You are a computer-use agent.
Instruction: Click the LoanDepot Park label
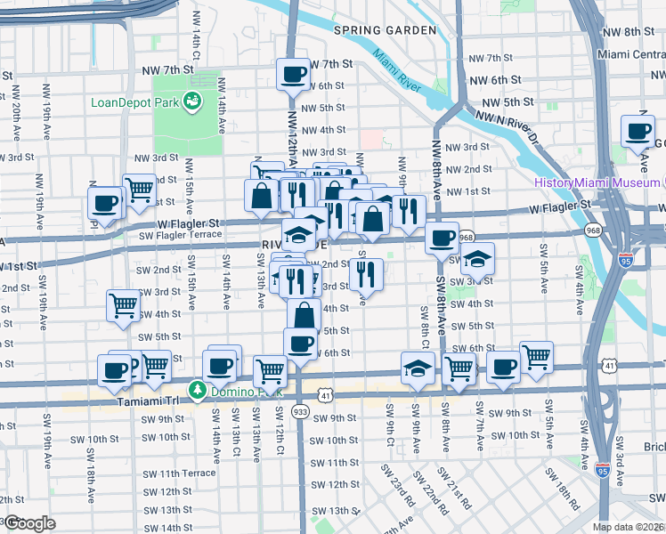[x=135, y=101]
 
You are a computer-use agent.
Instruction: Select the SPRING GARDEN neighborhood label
[x=385, y=30]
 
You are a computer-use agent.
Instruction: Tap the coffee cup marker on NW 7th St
[x=292, y=75]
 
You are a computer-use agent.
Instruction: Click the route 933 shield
[x=300, y=412]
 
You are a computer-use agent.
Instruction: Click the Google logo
[x=28, y=523]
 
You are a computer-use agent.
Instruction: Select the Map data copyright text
[x=629, y=527]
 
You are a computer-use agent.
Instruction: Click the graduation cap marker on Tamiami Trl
[x=417, y=369]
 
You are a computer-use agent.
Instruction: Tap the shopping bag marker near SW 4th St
[x=304, y=315]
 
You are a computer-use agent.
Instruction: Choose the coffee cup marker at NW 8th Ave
[x=441, y=239]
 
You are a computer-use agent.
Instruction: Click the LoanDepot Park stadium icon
[x=191, y=102]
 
